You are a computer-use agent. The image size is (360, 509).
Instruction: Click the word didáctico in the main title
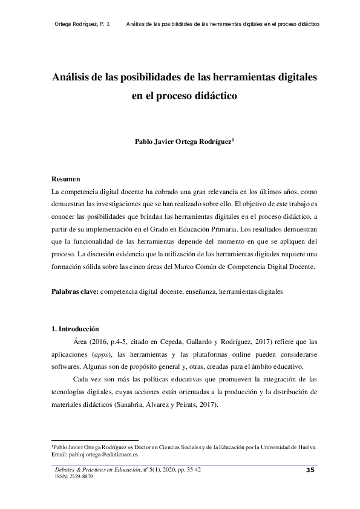tap(213, 96)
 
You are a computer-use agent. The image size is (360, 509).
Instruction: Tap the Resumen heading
tap(65, 180)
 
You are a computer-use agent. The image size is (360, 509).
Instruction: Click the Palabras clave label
tap(74, 291)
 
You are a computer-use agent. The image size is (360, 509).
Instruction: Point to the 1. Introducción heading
tap(75, 329)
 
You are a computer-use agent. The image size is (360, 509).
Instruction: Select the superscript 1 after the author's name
tap(233, 141)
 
